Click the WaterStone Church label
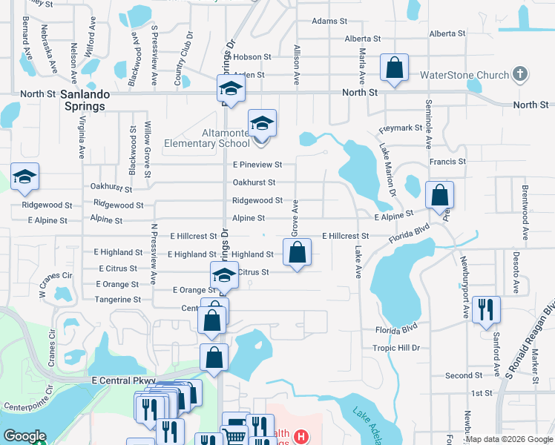tap(464, 76)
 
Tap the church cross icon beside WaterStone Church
tap(520, 75)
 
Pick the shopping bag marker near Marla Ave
tap(394, 67)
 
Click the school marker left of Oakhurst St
tap(24, 177)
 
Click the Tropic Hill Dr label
tap(395, 348)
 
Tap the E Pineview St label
tap(257, 165)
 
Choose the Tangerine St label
tap(118, 300)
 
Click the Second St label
tap(464, 376)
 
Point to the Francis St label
tap(447, 161)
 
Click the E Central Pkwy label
tap(123, 380)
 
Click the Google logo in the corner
tap(24, 437)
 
